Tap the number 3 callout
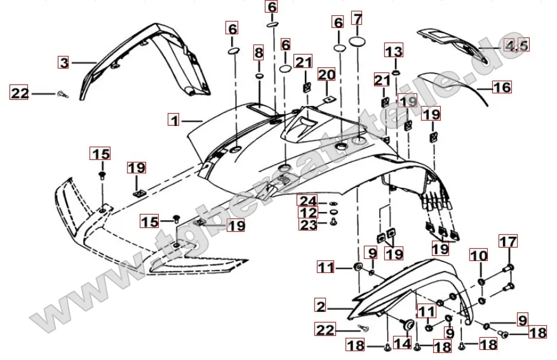64,62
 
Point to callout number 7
358,18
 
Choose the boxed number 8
258,51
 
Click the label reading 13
394,51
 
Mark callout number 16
502,87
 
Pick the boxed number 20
326,76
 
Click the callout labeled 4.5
516,45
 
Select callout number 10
479,256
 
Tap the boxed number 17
507,242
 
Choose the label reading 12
309,212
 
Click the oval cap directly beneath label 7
358,43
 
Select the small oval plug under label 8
259,76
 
